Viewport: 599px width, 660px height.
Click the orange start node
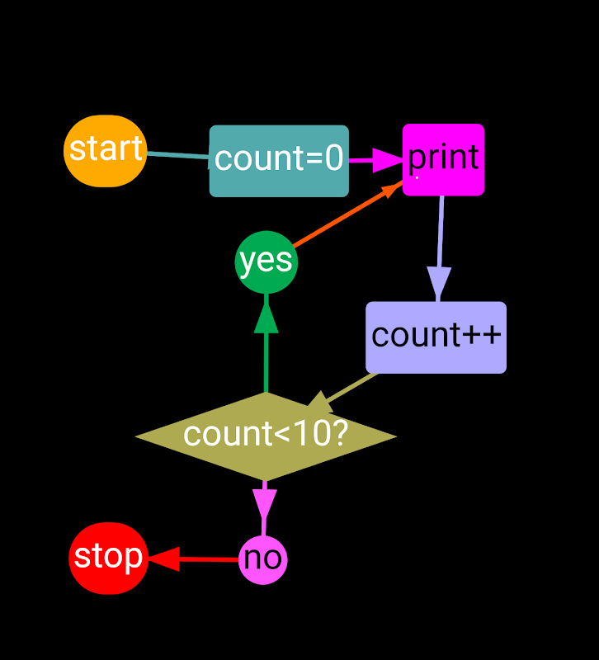[x=105, y=150]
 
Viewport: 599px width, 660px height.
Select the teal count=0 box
[x=279, y=161]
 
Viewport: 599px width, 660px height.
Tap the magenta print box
[x=443, y=159]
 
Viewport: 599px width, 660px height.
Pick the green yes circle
[x=266, y=262]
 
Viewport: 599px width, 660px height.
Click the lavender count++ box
[x=436, y=337]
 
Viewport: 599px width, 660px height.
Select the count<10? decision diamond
[x=266, y=436]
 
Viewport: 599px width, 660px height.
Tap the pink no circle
[x=263, y=559]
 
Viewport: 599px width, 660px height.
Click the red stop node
[x=108, y=558]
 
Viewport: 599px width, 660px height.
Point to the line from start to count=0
[x=177, y=155]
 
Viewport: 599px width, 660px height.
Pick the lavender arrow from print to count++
[x=441, y=235]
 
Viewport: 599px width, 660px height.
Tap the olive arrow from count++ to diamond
[x=351, y=388]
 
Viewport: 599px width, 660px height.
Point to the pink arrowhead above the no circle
[x=264, y=502]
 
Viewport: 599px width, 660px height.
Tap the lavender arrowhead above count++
[x=439, y=282]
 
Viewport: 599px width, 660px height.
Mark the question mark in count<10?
[x=339, y=434]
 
